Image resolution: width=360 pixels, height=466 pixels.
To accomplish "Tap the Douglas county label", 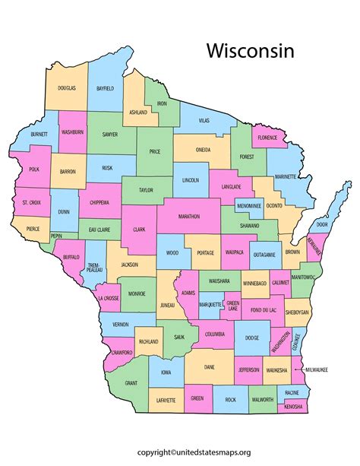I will (x=66, y=88).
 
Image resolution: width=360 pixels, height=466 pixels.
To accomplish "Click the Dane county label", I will (x=210, y=367).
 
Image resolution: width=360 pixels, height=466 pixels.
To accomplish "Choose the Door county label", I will (x=322, y=225).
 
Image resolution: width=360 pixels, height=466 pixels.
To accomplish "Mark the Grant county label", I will (x=131, y=382).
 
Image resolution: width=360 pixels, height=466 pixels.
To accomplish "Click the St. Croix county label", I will (x=31, y=202).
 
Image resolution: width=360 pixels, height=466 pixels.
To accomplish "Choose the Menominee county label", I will (x=249, y=206).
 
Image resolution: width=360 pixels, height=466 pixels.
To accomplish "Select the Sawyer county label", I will (x=109, y=134).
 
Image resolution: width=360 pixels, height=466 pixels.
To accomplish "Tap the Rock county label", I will (x=231, y=399).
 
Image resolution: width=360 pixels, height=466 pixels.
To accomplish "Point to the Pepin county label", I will (x=57, y=236).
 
